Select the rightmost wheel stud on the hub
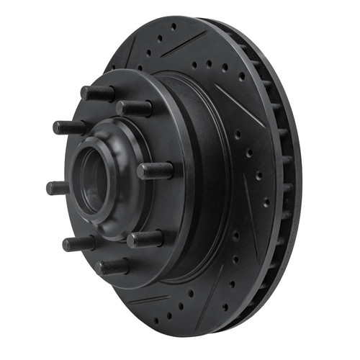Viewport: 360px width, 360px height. pyautogui.click(x=157, y=171)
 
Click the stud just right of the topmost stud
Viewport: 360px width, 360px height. pyautogui.click(x=135, y=109)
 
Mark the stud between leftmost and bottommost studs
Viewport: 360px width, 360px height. pyautogui.click(x=78, y=243)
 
